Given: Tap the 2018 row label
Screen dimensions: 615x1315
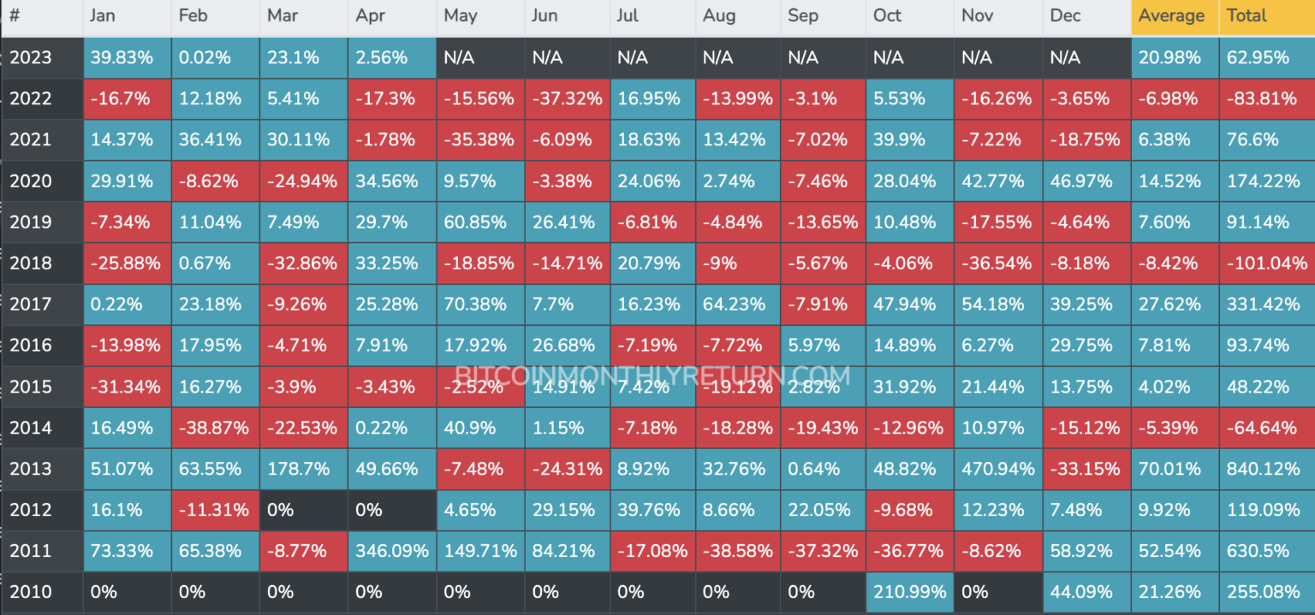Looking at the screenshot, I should point(31,263).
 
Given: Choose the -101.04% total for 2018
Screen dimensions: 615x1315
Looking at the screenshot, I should point(1265,263).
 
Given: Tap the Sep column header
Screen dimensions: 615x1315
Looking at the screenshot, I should point(803,16).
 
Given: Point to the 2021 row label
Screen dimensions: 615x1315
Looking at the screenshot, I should point(31,140).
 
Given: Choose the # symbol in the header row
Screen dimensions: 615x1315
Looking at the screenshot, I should point(15,16).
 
